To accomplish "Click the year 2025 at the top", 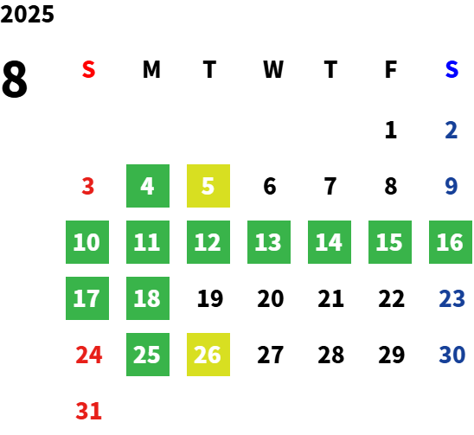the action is (27, 14).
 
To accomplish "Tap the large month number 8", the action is (15, 79).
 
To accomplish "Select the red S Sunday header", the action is (88, 69).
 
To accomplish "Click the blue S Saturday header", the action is (452, 69).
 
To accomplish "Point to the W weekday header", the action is (273, 69).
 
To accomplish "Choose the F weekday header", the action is (391, 69).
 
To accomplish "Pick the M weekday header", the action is (151, 69).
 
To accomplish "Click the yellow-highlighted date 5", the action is (208, 186).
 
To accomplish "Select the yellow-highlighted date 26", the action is (208, 355).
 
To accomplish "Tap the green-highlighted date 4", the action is (148, 186).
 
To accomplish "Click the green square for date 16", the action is (451, 242).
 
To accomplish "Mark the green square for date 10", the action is (87, 242).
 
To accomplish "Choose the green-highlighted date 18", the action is (148, 298).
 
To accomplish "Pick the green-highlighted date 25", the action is (148, 355).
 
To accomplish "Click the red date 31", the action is (88, 411).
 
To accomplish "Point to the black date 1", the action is (391, 130).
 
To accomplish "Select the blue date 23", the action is (452, 298).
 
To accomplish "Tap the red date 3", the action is (88, 186).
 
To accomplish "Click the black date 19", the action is (210, 298).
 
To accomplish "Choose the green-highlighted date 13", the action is (269, 242).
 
